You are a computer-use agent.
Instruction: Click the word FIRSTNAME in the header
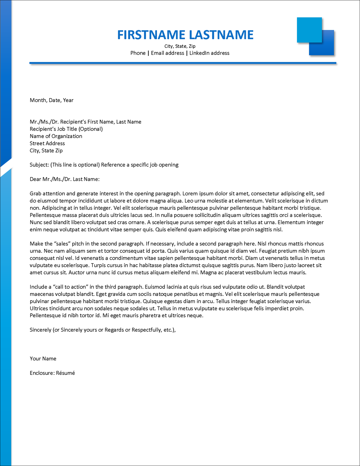click(151, 35)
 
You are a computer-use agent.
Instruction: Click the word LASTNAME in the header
click(221, 35)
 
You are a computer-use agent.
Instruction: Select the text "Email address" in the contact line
click(167, 53)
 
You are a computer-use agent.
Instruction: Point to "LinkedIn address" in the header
click(209, 53)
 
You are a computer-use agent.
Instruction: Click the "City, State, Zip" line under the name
click(180, 46)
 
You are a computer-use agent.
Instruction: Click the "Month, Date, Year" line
click(51, 100)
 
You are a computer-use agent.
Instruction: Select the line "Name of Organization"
click(56, 136)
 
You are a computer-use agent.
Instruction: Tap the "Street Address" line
click(47, 143)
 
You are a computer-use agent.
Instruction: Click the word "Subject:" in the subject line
click(39, 165)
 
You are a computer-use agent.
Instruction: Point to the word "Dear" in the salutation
click(35, 179)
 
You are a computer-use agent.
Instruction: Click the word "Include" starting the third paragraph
click(39, 287)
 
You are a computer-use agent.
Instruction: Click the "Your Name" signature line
click(43, 359)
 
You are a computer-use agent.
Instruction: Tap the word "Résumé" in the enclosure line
click(66, 373)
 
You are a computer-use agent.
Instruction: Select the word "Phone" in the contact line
click(138, 53)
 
